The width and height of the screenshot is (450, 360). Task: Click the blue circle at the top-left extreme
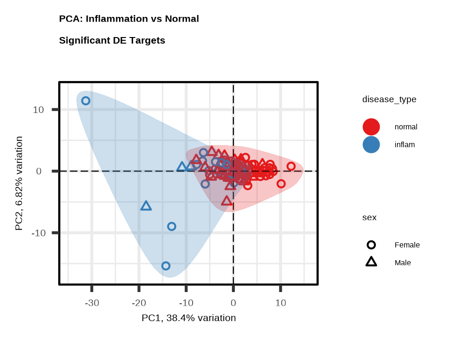click(86, 101)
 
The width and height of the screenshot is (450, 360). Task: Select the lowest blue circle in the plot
click(166, 266)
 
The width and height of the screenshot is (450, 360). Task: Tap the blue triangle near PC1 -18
click(146, 206)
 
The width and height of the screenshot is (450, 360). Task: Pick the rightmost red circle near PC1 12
click(291, 166)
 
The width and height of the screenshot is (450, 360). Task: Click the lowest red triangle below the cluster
click(227, 201)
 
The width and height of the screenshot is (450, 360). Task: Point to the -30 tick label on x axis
click(92, 303)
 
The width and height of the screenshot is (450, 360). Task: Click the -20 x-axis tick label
click(139, 303)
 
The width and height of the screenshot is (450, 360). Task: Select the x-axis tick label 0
click(233, 303)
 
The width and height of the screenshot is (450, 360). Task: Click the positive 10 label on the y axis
click(38, 110)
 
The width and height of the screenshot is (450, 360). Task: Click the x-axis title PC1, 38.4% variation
click(188, 318)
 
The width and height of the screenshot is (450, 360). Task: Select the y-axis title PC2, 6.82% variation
click(19, 183)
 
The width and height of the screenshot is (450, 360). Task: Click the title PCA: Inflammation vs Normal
click(129, 19)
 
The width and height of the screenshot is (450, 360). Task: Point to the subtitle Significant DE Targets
click(112, 40)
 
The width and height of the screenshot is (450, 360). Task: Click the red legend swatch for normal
click(371, 127)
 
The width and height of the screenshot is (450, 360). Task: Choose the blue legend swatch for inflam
click(371, 144)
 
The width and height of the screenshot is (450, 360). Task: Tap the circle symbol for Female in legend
click(371, 245)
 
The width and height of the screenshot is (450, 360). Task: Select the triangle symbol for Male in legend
click(371, 262)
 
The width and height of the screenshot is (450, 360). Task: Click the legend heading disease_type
click(389, 99)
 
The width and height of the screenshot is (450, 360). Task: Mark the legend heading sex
click(369, 217)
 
